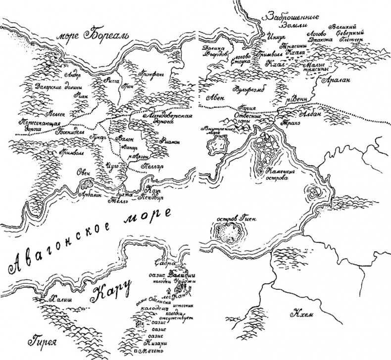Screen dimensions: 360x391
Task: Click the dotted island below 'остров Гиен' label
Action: pyautogui.click(x=228, y=231)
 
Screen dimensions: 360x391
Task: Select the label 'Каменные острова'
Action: pyautogui.click(x=283, y=176)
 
